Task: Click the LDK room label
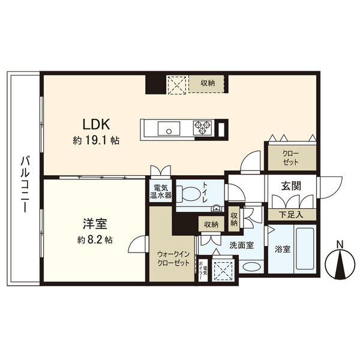click(96, 125)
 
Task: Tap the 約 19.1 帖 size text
click(96, 140)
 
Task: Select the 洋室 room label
click(95, 224)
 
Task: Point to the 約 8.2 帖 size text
click(95, 240)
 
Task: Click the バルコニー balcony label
click(25, 184)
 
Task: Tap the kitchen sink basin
click(169, 128)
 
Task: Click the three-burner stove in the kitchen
click(203, 127)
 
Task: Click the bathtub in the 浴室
click(305, 248)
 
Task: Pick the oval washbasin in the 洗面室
click(251, 266)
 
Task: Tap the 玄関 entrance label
click(291, 186)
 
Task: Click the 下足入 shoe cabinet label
click(291, 215)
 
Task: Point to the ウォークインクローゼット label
click(173, 259)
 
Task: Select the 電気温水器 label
click(161, 191)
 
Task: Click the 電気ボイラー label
click(203, 270)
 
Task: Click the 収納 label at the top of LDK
click(208, 83)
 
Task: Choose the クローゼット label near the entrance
click(290, 158)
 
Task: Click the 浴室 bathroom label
click(283, 249)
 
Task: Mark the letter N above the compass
click(340, 244)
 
